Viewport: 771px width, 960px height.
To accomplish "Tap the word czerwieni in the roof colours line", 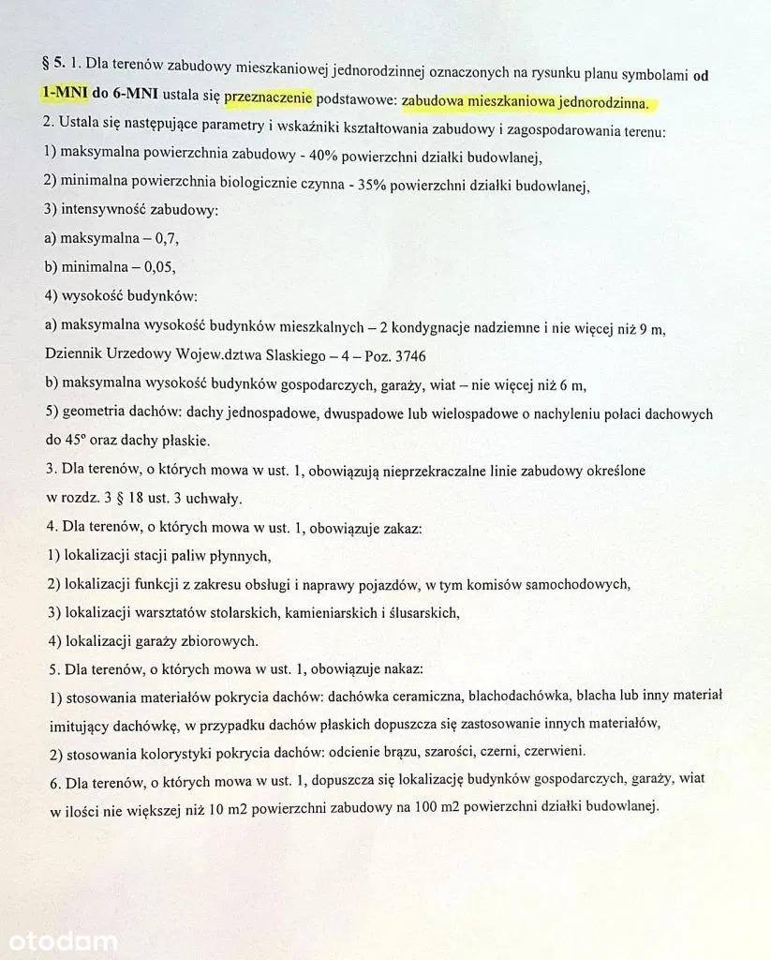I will [x=556, y=751].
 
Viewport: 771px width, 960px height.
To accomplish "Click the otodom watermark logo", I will [x=63, y=939].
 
